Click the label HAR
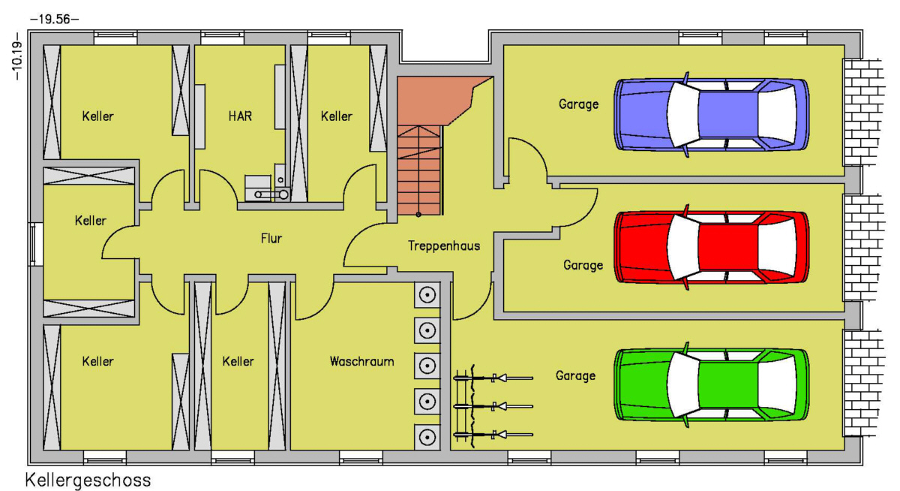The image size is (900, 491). coord(240,116)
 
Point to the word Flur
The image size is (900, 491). coord(271,239)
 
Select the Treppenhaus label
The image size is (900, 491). coord(444,245)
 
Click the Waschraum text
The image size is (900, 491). coord(361,361)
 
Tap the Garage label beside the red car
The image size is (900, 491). coord(583,265)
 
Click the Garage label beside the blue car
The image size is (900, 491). coord(578,104)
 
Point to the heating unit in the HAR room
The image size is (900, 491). coord(267,188)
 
